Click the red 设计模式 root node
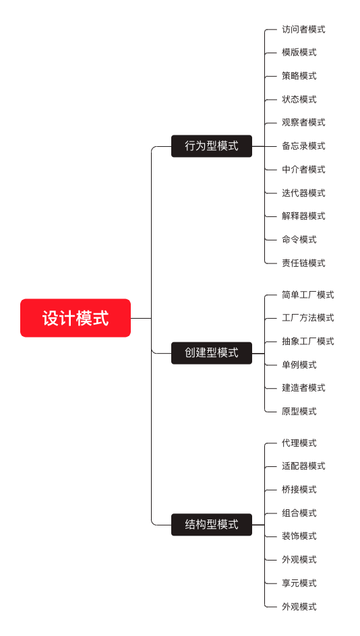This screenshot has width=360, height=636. (x=76, y=318)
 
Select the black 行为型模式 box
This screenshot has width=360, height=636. (x=212, y=146)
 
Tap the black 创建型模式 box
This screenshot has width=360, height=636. (x=212, y=353)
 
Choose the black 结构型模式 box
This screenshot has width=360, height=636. (x=212, y=524)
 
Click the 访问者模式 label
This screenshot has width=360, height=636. (x=303, y=29)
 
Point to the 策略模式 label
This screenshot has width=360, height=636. (x=299, y=76)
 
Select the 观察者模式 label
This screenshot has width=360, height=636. (x=303, y=123)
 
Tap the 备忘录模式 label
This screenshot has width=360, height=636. (x=303, y=146)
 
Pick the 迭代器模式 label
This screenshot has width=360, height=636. (x=303, y=193)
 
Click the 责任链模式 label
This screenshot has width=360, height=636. (x=303, y=263)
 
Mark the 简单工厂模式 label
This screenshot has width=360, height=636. (x=308, y=295)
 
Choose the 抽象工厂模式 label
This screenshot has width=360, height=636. (x=308, y=342)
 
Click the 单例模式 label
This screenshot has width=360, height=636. (x=299, y=364)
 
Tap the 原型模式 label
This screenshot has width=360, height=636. (x=299, y=411)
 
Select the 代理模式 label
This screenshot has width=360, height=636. (x=299, y=443)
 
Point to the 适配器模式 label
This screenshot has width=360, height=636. (x=303, y=466)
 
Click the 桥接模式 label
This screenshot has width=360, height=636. (x=299, y=490)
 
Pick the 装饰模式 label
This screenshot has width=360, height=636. (x=299, y=536)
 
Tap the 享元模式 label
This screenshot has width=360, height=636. (x=299, y=583)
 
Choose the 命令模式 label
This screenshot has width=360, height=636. (x=299, y=240)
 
